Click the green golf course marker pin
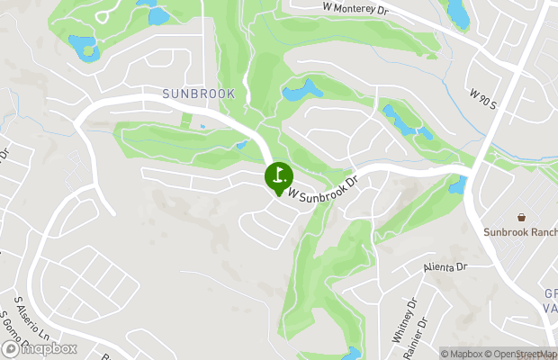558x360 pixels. coord(278,175)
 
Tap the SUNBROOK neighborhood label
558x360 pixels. coord(198,94)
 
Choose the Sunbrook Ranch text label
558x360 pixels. coord(520,232)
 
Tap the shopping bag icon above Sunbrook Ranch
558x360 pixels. coord(520,217)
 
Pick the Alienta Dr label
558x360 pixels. coord(446,267)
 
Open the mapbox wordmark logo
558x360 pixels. coord(40,347)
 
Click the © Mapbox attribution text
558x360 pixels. coord(463,354)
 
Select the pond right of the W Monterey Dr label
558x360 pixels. coord(459,13)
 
